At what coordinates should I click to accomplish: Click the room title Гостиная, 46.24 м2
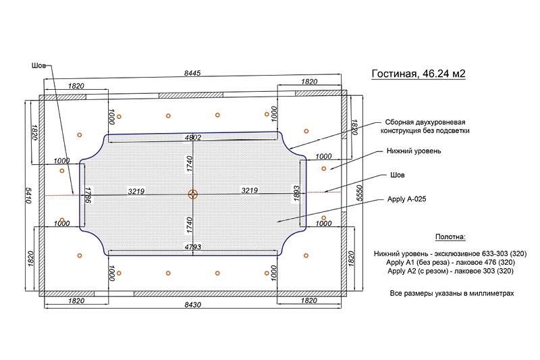coord(418,74)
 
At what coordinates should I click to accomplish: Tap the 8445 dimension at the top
coord(192,73)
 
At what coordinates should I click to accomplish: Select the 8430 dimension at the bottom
coord(193,305)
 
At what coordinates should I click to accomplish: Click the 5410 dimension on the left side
coord(28,195)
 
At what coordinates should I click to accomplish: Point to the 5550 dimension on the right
coord(360,193)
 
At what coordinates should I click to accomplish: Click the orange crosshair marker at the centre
coord(193,195)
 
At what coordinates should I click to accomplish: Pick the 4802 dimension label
coord(193,138)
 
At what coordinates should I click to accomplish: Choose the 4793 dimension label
coord(193,247)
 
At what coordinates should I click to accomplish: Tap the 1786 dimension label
coord(88,195)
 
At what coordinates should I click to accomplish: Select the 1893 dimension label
coord(297,194)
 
